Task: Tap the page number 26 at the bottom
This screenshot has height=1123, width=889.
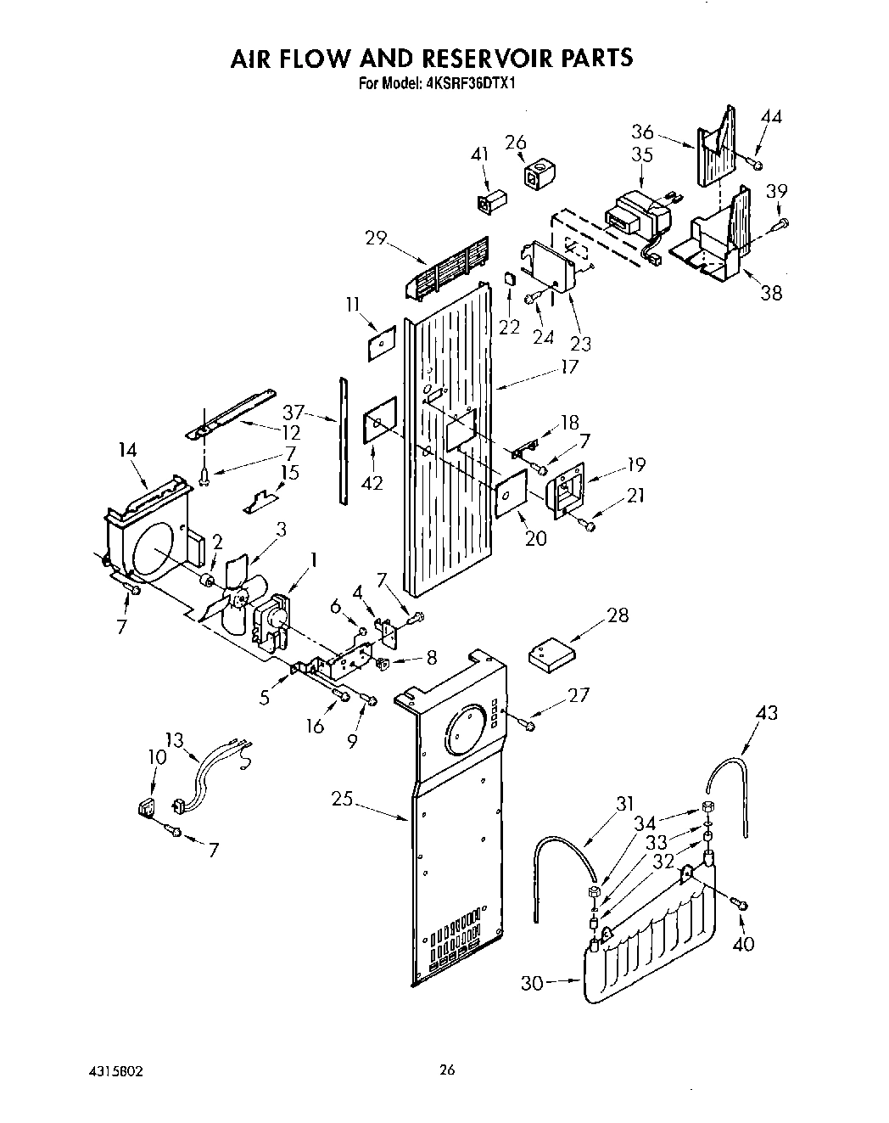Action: (447, 1070)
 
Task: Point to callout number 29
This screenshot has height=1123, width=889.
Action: (375, 239)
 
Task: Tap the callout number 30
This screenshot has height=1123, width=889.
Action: (532, 982)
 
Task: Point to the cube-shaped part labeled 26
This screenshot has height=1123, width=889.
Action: (536, 175)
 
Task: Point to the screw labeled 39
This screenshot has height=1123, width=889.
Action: (782, 223)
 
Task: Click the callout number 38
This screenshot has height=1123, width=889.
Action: (770, 294)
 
